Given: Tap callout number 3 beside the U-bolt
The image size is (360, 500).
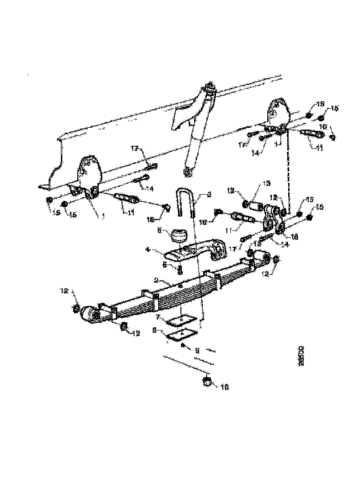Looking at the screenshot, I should (209, 195).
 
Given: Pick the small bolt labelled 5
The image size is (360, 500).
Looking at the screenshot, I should (180, 270).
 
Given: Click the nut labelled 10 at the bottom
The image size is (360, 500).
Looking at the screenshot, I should (207, 381).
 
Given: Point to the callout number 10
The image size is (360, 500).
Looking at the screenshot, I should (224, 387).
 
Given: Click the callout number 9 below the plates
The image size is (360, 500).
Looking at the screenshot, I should (197, 350).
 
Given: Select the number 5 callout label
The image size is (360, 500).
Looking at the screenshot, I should (165, 263).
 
